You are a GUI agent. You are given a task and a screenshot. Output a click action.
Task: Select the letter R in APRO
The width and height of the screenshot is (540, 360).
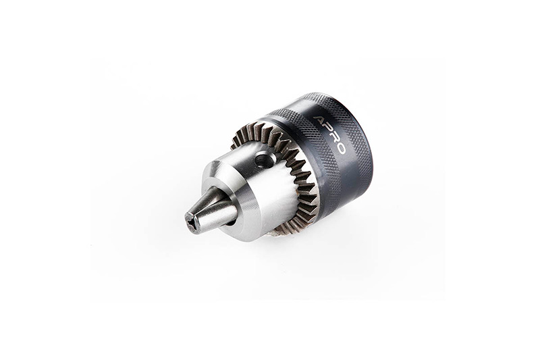click(x=334, y=137)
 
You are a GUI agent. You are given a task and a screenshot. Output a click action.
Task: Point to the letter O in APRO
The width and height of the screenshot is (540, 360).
click(x=340, y=147)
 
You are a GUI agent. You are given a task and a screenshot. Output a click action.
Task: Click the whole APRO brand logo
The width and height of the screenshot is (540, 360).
click(x=329, y=134)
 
